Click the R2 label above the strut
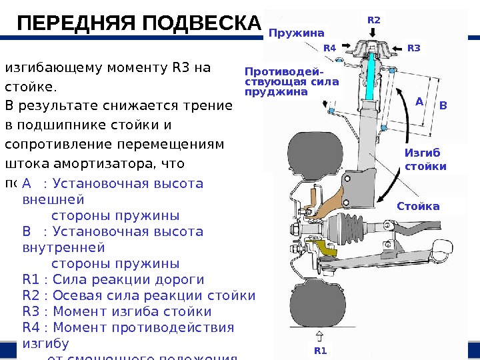click(x=374, y=20)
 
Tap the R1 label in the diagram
click(x=321, y=350)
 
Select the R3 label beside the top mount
click(x=413, y=48)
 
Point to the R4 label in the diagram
click(x=330, y=48)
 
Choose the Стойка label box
click(x=418, y=206)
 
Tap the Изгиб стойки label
click(x=425, y=159)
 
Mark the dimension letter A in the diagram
click(x=419, y=102)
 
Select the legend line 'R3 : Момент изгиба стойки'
click(x=117, y=311)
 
